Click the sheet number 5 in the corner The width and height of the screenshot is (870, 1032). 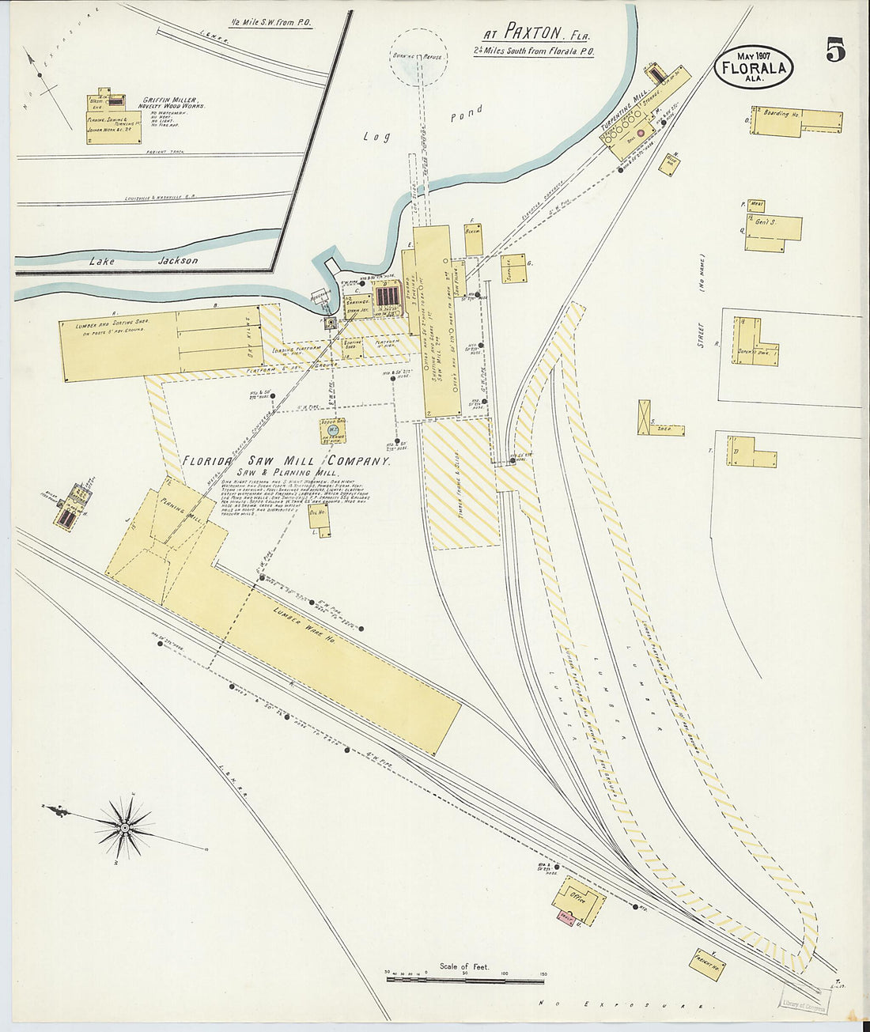point(835,50)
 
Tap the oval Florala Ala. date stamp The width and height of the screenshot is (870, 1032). point(754,66)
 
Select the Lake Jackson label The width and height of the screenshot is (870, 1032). point(143,260)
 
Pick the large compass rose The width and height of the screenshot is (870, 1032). point(124,827)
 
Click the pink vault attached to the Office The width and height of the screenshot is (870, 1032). point(565,917)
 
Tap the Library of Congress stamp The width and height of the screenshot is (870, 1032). point(804,1003)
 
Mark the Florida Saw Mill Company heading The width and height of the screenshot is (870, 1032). point(286,461)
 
